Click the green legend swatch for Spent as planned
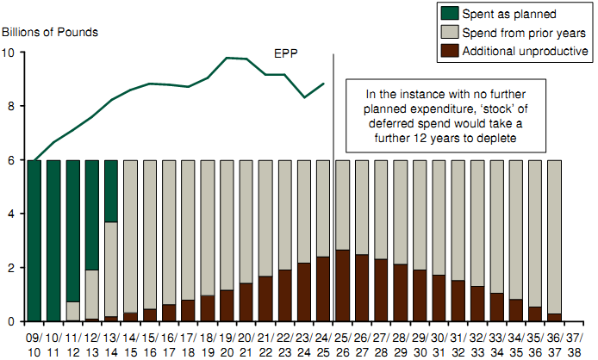(449, 14)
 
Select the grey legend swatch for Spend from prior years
(449, 33)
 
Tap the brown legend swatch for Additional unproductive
(449, 52)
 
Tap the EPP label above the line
(285, 53)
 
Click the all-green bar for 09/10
(34, 240)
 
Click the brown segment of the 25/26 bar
(341, 285)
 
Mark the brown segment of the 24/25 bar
(322, 289)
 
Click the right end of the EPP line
(323, 84)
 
